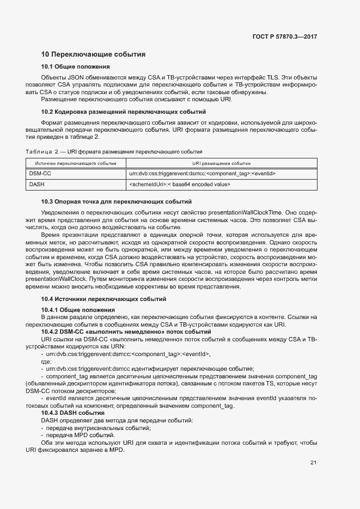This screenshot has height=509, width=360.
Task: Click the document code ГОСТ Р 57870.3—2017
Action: click(x=285, y=36)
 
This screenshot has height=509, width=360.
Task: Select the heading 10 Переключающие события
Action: click(x=93, y=54)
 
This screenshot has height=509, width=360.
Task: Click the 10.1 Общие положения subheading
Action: click(x=76, y=67)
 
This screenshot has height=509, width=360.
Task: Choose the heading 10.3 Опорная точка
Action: click(x=117, y=202)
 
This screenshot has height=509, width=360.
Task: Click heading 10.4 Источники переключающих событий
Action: click(x=104, y=299)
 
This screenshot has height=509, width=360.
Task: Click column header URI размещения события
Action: click(x=221, y=163)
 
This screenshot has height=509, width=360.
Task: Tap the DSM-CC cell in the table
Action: click(x=39, y=174)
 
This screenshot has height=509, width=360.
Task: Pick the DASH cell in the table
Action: click(x=36, y=185)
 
